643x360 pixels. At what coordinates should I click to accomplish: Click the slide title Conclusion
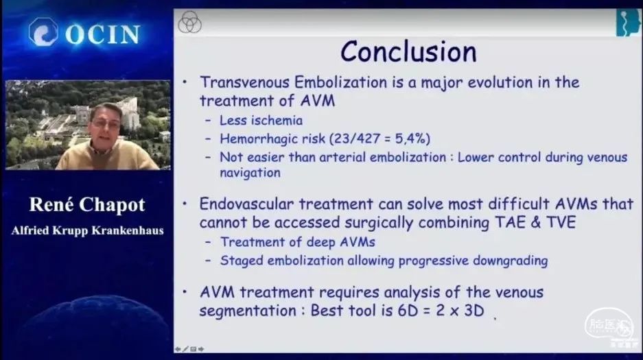[408, 51]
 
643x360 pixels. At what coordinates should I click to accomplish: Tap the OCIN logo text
[102, 34]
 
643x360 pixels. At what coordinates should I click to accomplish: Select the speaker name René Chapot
[87, 204]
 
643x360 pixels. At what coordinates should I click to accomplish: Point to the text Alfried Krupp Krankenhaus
[87, 230]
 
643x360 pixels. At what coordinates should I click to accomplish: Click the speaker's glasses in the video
[106, 122]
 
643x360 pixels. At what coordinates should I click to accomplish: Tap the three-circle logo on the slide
[189, 22]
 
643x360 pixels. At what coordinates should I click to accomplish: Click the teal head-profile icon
[628, 23]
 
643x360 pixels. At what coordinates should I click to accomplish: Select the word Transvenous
[245, 82]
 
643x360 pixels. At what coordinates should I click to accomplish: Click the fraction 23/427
[357, 139]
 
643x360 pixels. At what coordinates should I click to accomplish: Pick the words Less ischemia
[261, 121]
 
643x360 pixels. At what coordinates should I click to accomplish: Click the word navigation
[250, 173]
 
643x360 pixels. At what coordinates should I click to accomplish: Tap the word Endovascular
[246, 204]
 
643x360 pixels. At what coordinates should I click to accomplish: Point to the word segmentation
[248, 311]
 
